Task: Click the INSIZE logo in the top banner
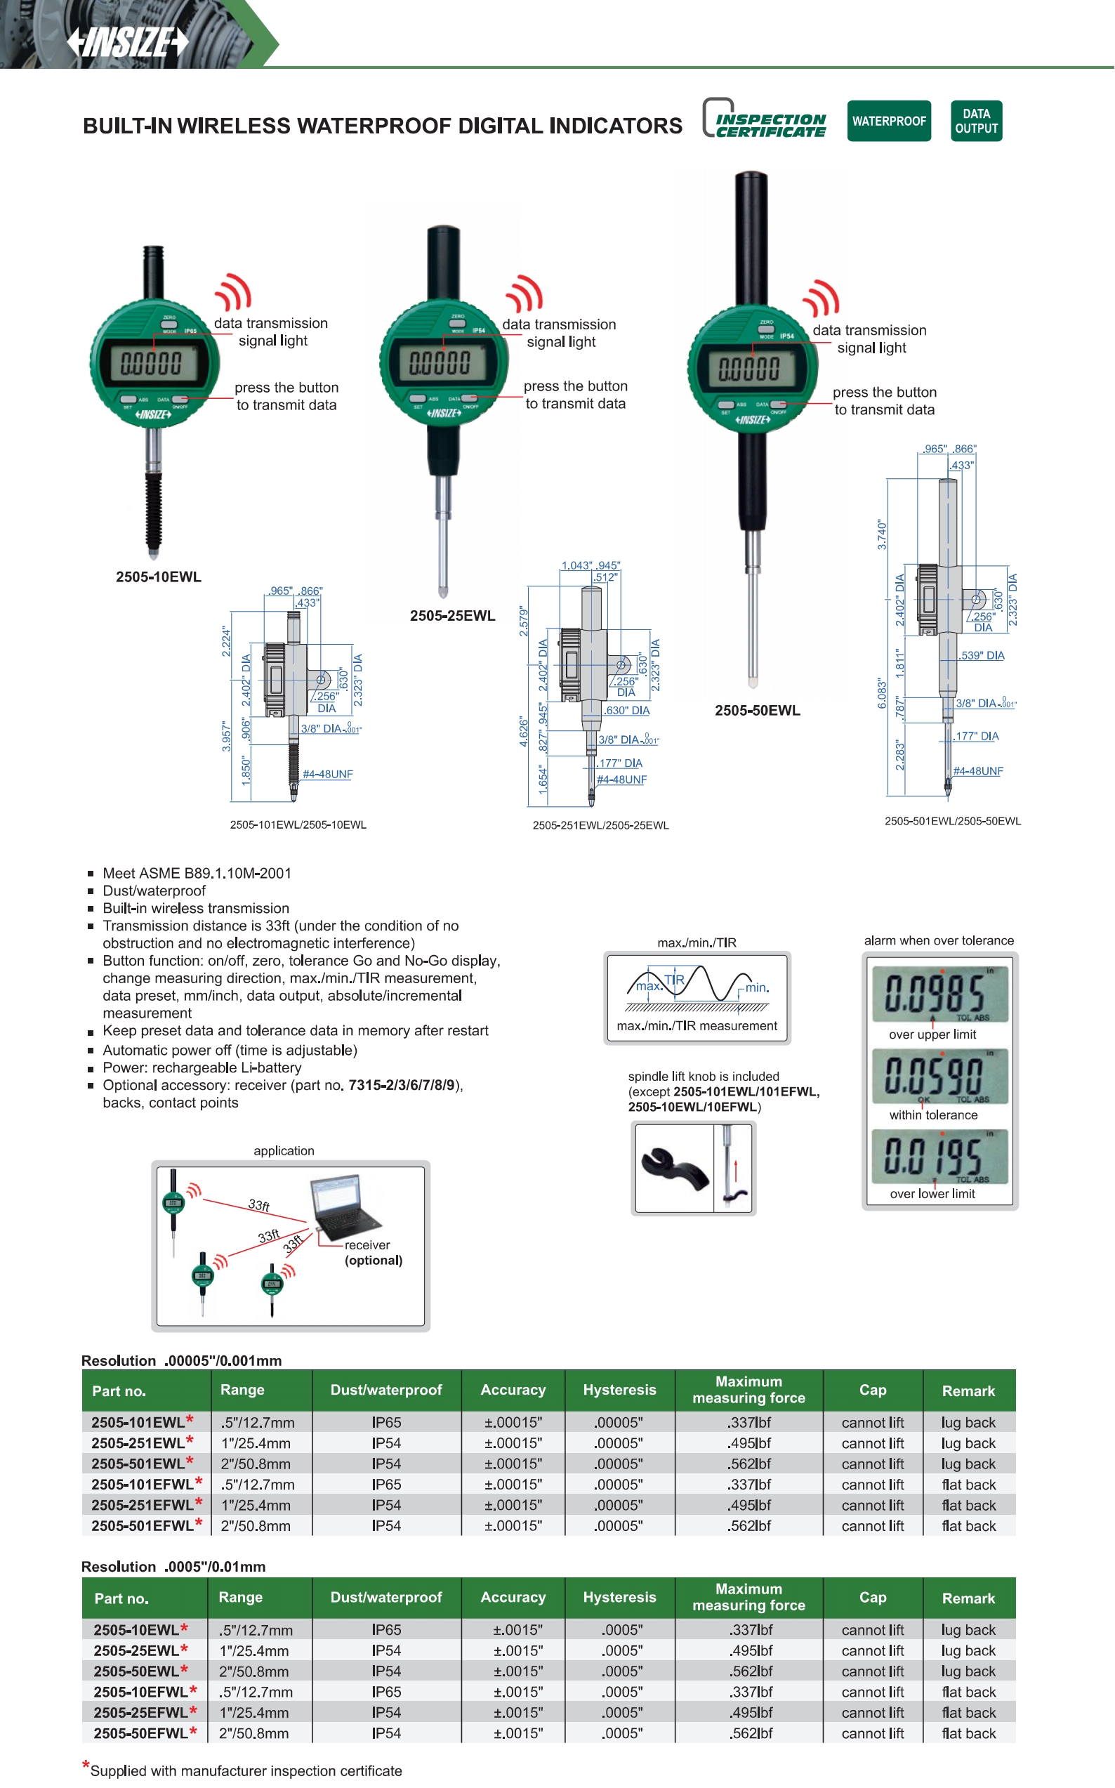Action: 128,42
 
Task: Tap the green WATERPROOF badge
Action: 888,121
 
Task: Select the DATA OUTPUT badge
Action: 976,121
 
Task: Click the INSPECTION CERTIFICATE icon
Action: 765,119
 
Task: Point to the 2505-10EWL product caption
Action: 158,577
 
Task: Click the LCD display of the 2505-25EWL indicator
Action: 440,362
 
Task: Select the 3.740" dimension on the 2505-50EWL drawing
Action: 882,534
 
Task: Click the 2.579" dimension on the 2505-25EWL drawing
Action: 524,621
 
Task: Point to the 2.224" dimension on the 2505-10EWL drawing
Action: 226,642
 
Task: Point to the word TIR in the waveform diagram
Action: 674,980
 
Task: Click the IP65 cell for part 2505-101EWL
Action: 385,1422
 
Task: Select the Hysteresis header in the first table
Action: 619,1390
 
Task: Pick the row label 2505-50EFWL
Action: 141,1733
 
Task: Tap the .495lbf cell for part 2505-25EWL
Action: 751,1650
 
